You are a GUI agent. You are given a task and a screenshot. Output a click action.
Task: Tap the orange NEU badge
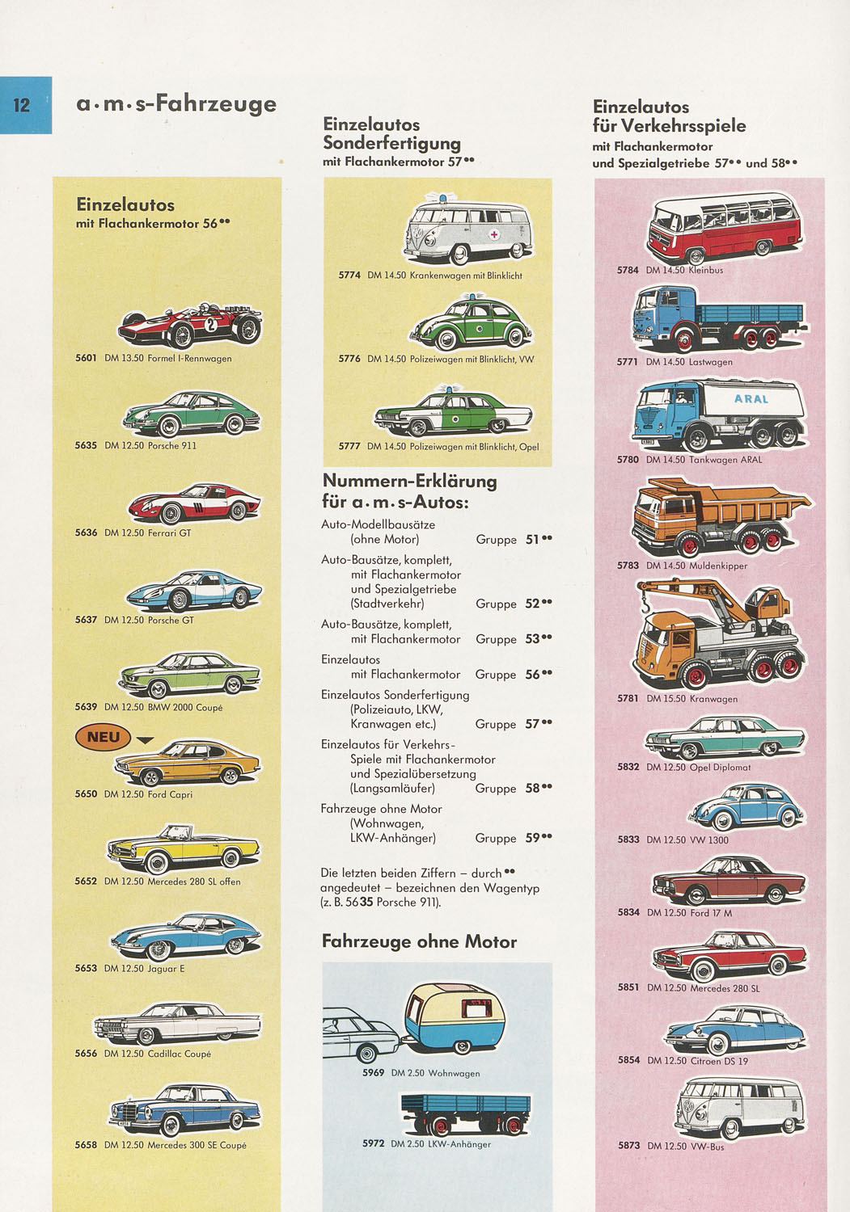click(x=104, y=737)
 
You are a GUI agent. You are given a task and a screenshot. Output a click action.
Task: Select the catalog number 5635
click(x=86, y=445)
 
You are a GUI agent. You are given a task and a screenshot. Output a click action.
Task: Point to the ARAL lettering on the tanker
click(x=751, y=399)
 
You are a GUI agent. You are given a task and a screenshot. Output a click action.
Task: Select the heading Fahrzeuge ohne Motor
click(x=419, y=941)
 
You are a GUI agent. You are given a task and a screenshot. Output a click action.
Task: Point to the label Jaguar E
click(x=166, y=968)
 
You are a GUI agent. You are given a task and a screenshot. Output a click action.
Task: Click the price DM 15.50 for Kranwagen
click(x=666, y=698)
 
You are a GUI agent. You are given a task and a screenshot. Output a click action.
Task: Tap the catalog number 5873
click(x=628, y=1146)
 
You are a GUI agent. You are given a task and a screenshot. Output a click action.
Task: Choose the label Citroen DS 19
click(x=719, y=1060)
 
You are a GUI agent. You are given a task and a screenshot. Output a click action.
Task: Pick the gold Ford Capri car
click(x=188, y=764)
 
